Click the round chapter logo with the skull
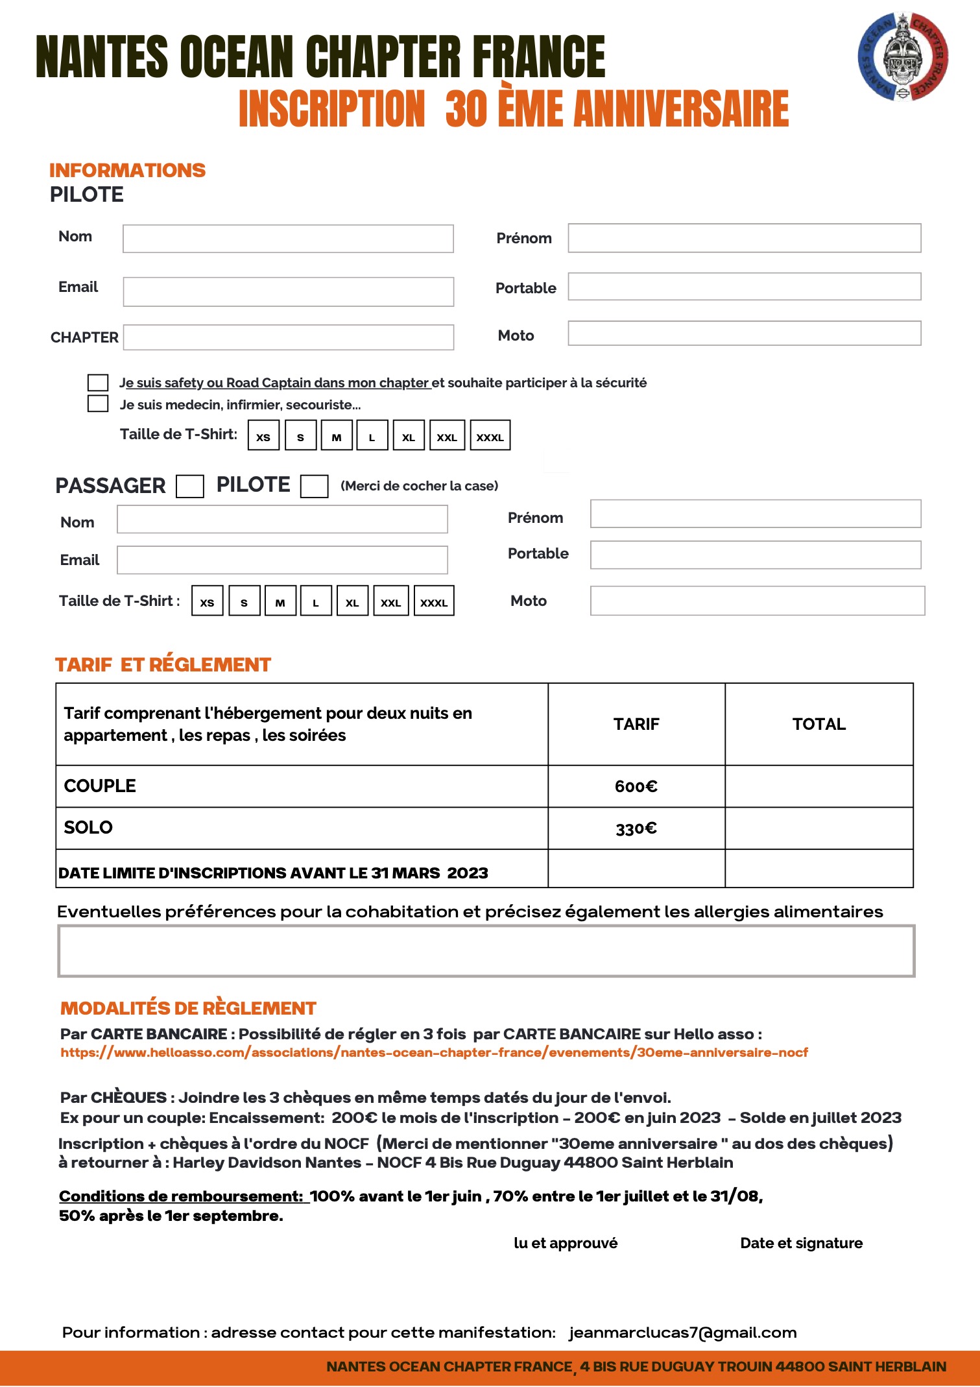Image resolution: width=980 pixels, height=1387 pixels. pos(903,57)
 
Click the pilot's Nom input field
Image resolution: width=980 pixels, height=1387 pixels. pos(288,239)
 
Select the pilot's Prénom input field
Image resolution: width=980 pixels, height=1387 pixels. pos(744,238)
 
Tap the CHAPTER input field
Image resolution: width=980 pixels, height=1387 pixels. pos(288,337)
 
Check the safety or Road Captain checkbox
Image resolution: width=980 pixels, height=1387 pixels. pos(98,383)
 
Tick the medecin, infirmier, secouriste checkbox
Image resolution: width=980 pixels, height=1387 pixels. pos(98,404)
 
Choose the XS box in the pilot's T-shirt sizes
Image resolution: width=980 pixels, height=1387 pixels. pos(263,435)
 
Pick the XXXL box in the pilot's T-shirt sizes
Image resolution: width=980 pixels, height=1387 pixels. pos(490,435)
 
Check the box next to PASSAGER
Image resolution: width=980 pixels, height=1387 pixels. pos(190,486)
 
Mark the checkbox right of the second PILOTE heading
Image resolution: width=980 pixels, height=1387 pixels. pos(314,486)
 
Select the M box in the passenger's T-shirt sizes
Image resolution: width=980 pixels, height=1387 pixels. pos(280,601)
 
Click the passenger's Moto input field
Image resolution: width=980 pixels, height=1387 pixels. pos(757,601)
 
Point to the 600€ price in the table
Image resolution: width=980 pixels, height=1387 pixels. pos(636,786)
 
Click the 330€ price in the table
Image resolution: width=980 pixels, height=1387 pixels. pos(636,828)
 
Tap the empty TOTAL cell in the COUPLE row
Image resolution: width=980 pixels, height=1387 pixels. pos(819,786)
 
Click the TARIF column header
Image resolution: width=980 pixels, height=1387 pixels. pos(636,724)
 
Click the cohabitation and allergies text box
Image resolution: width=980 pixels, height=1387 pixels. pos(486,951)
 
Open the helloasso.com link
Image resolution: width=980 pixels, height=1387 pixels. pos(434,1052)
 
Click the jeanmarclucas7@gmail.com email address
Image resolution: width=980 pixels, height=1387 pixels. pos(682,1333)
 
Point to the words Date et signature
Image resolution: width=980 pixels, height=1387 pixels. pos(801,1243)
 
